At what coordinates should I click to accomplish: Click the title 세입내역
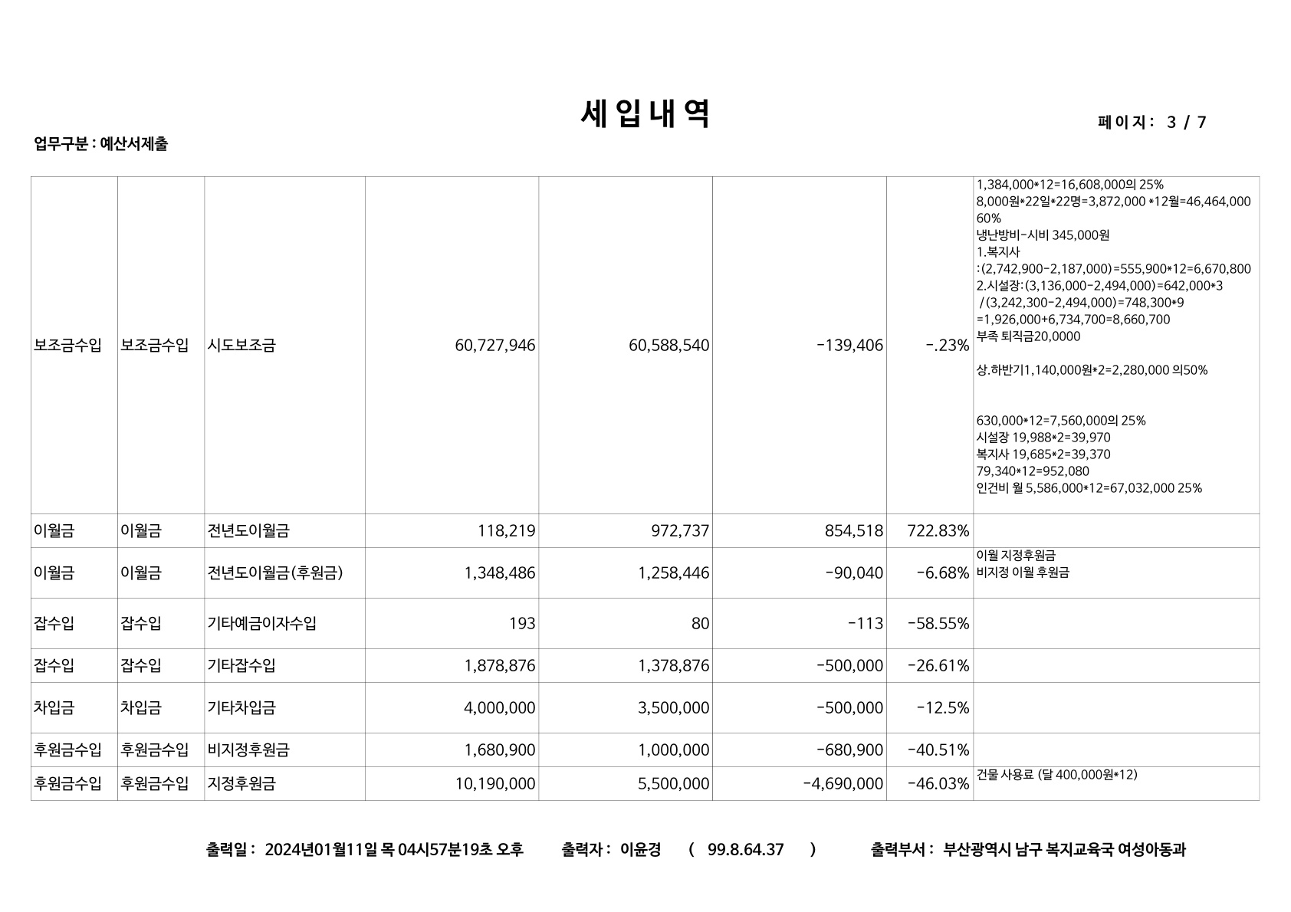(x=645, y=115)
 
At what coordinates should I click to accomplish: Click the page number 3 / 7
(x=1186, y=123)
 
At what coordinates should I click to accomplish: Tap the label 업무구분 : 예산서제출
(x=100, y=144)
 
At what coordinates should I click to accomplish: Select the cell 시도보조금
(x=241, y=346)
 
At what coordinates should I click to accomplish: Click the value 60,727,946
(x=494, y=346)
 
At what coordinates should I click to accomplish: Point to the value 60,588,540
(x=668, y=346)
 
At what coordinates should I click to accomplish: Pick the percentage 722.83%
(x=938, y=530)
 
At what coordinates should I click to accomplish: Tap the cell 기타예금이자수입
(x=261, y=623)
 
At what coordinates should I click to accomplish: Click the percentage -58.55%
(x=938, y=623)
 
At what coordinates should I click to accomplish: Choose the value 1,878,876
(x=499, y=665)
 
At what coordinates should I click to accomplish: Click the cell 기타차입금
(x=241, y=707)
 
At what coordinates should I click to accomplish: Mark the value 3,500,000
(x=673, y=707)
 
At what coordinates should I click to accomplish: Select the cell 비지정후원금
(x=248, y=750)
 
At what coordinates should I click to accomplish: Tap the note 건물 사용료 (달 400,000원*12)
(x=1057, y=775)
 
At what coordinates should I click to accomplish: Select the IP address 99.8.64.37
(x=745, y=849)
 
